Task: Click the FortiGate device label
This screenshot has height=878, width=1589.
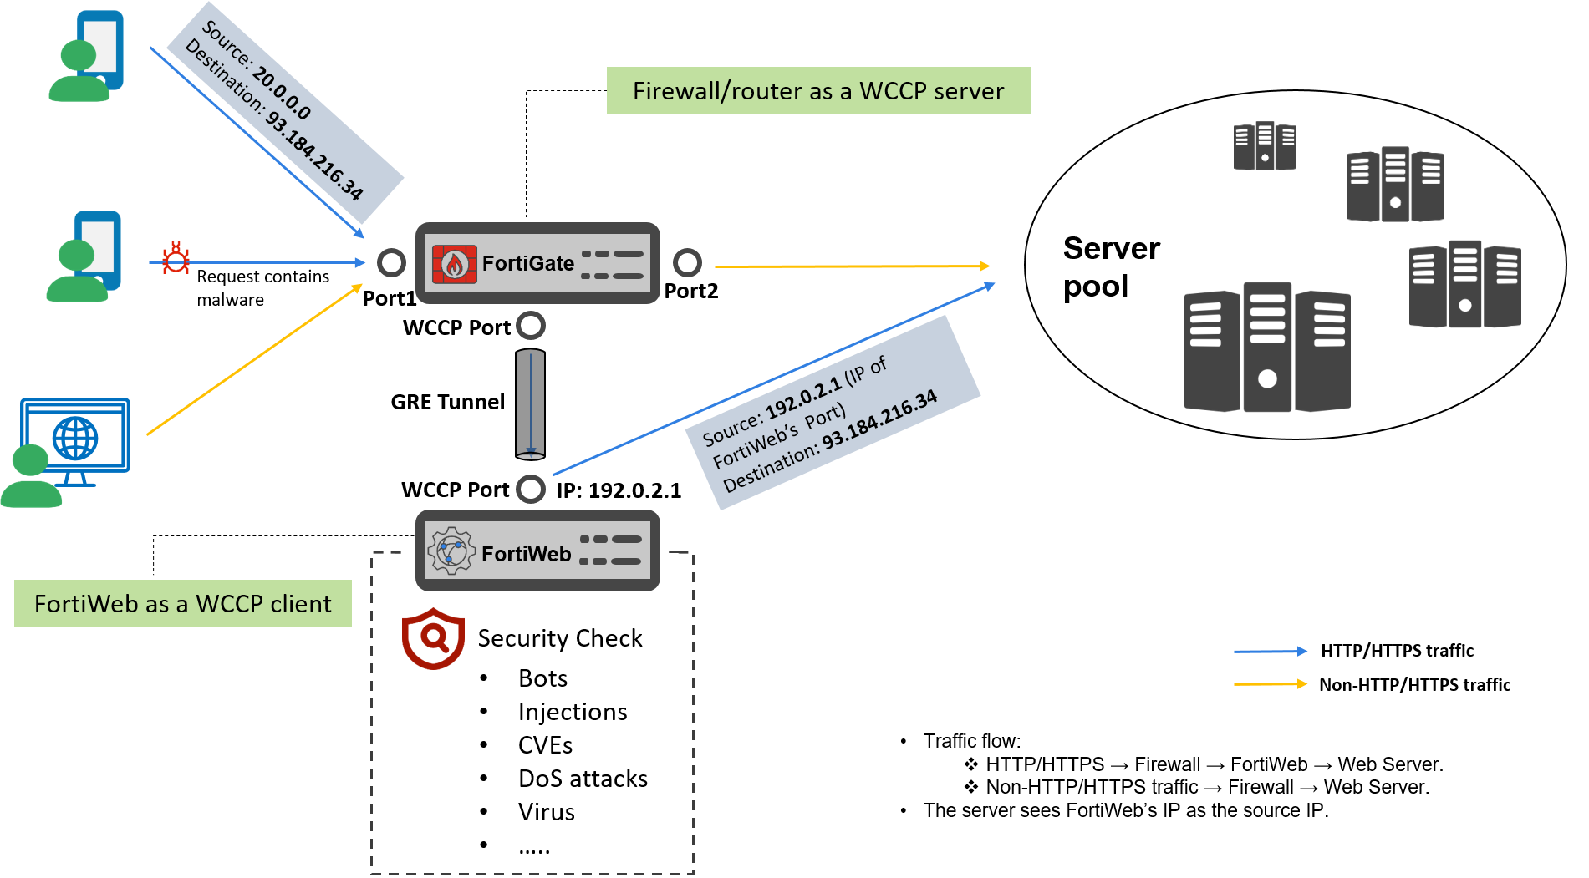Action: coord(527,264)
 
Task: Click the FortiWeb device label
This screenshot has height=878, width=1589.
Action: coord(526,554)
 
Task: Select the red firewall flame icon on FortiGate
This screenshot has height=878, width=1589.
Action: coord(454,264)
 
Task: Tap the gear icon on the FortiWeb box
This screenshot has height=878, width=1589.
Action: coord(451,551)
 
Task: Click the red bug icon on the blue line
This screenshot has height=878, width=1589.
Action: coord(176,259)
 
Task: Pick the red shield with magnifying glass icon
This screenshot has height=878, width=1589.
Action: coord(433,639)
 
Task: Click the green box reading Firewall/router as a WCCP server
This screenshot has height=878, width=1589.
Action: coord(817,90)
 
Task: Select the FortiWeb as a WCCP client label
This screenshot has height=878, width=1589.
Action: coord(182,603)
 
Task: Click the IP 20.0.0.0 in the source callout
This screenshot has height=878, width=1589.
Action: coord(281,94)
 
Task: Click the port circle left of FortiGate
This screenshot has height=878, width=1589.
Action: coord(391,263)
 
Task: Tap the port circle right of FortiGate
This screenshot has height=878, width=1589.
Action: coord(687,263)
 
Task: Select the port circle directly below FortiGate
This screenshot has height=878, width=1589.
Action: coord(531,325)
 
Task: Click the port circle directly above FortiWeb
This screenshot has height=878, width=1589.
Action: coord(531,489)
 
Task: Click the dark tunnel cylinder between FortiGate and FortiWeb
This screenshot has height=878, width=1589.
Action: coord(530,405)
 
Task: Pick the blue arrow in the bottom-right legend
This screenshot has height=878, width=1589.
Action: coord(1270,651)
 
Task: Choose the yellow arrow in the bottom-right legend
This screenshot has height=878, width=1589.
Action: coord(1270,683)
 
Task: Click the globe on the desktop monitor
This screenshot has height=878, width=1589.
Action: coord(75,438)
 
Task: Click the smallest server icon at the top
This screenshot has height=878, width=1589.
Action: coord(1265,146)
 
